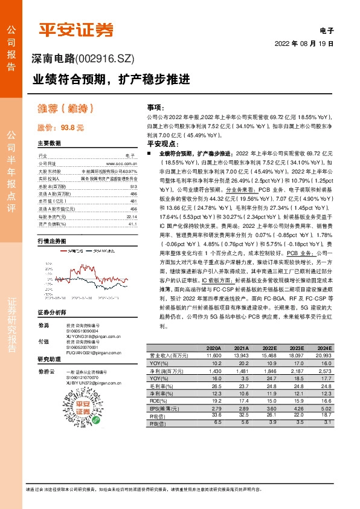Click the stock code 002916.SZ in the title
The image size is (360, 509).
coord(104,59)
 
